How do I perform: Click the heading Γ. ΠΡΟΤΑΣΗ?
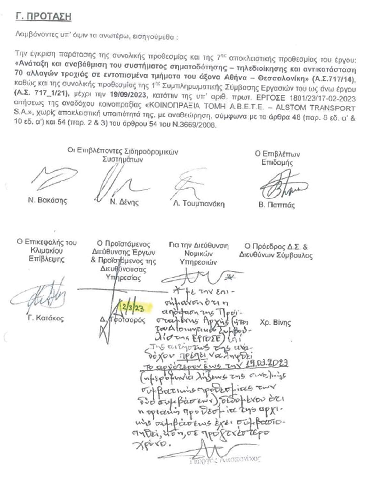43,17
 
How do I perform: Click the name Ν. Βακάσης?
47,201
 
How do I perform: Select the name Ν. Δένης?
124,202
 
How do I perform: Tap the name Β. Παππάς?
276,205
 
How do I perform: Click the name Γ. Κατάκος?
45,318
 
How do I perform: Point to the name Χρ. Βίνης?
276,323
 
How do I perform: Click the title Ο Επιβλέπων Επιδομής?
277,158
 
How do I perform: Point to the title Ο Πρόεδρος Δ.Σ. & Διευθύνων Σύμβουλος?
276,251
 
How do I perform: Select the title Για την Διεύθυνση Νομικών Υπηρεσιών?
198,254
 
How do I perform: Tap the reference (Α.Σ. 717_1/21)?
42,95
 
